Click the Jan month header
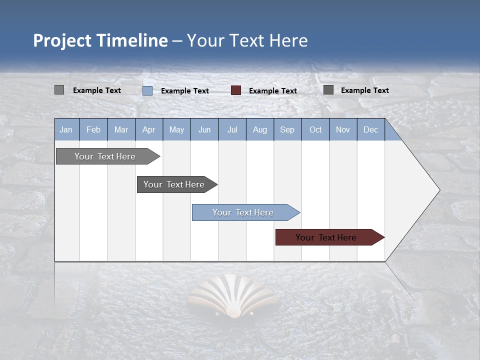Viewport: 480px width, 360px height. [66, 129]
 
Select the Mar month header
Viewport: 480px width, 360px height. [121, 129]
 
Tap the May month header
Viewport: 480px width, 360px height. [176, 129]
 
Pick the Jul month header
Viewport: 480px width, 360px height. [232, 129]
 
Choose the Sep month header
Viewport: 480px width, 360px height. [287, 129]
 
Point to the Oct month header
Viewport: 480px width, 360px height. [315, 129]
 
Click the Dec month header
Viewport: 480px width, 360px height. [370, 129]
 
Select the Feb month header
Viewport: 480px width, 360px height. [93, 129]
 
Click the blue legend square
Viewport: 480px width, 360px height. [147, 90]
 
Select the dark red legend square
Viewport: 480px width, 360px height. [236, 90]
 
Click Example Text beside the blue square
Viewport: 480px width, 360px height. [184, 91]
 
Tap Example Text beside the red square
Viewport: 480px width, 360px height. [272, 91]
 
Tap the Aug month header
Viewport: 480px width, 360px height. [259, 129]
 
